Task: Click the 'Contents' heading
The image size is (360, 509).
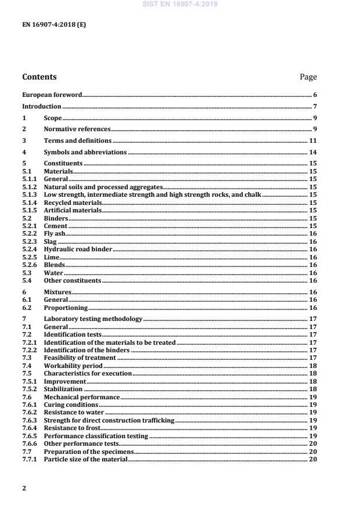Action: (39, 77)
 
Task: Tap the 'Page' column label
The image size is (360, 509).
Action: (308, 77)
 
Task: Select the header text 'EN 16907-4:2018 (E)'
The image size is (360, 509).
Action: (54, 25)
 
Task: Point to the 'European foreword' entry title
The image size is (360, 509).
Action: (52, 95)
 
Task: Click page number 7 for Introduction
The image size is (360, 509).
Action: (314, 107)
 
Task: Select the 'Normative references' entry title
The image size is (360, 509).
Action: (77, 129)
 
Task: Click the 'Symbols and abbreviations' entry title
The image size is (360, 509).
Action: (85, 152)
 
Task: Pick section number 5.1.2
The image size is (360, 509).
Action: (29, 187)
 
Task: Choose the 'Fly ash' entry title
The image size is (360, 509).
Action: (55, 234)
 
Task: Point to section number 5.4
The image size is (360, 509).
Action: (26, 280)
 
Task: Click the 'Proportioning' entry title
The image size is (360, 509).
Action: (66, 308)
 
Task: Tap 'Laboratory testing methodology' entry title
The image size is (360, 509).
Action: (93, 319)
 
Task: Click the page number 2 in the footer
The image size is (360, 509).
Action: (24, 488)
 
